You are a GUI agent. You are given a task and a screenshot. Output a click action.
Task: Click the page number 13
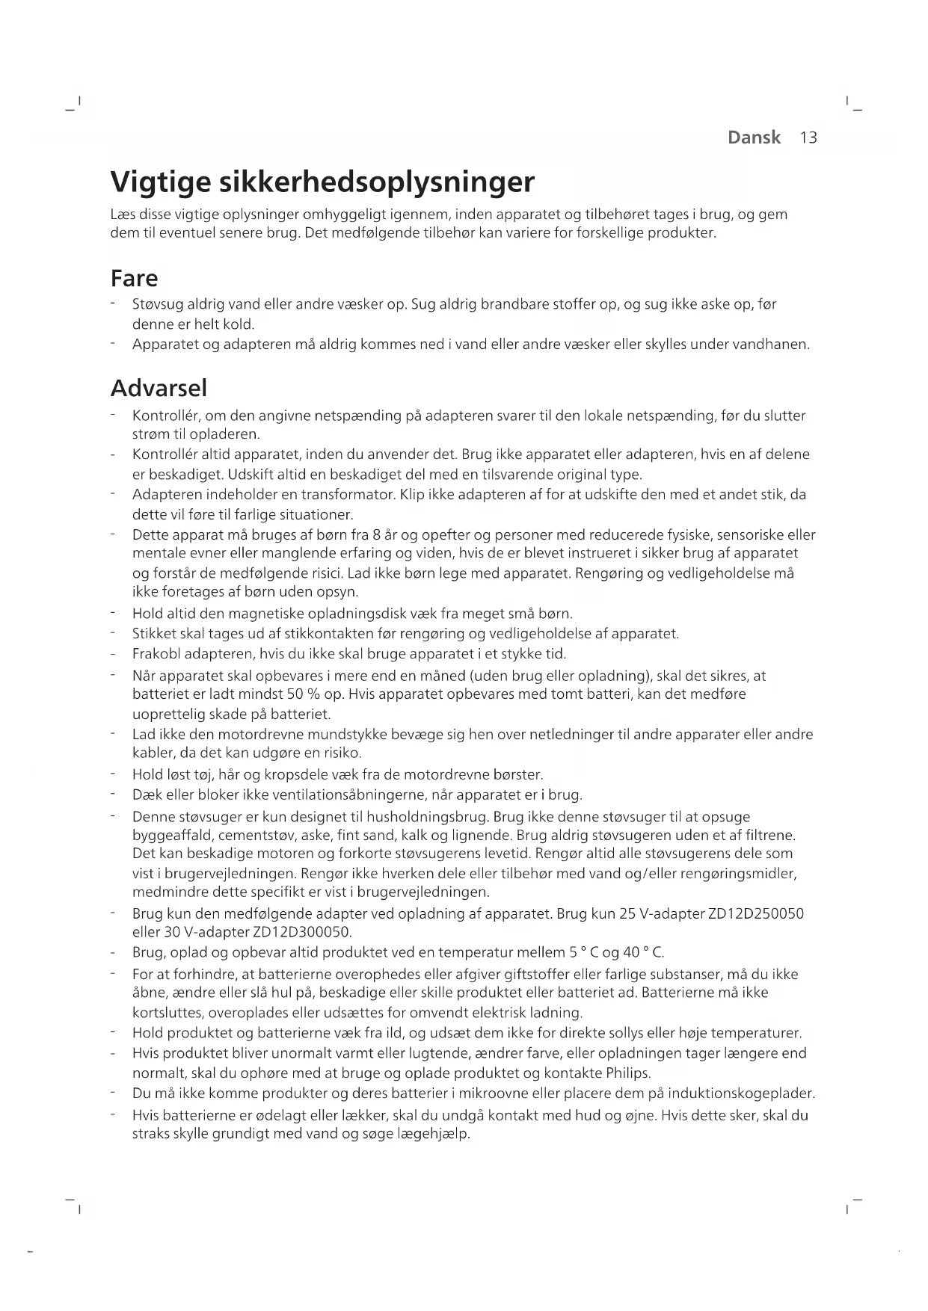(x=808, y=138)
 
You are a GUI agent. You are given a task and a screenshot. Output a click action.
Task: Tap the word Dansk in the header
(x=754, y=138)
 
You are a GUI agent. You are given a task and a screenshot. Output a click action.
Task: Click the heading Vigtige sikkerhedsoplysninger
(x=322, y=182)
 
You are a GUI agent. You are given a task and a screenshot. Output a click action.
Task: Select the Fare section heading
(x=134, y=279)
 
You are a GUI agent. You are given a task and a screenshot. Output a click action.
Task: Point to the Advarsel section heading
(x=159, y=389)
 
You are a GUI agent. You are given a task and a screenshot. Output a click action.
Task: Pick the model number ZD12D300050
(x=302, y=932)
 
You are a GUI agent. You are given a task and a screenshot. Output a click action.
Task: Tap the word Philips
(x=628, y=1073)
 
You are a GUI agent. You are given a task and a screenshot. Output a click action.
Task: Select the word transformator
(x=348, y=495)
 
